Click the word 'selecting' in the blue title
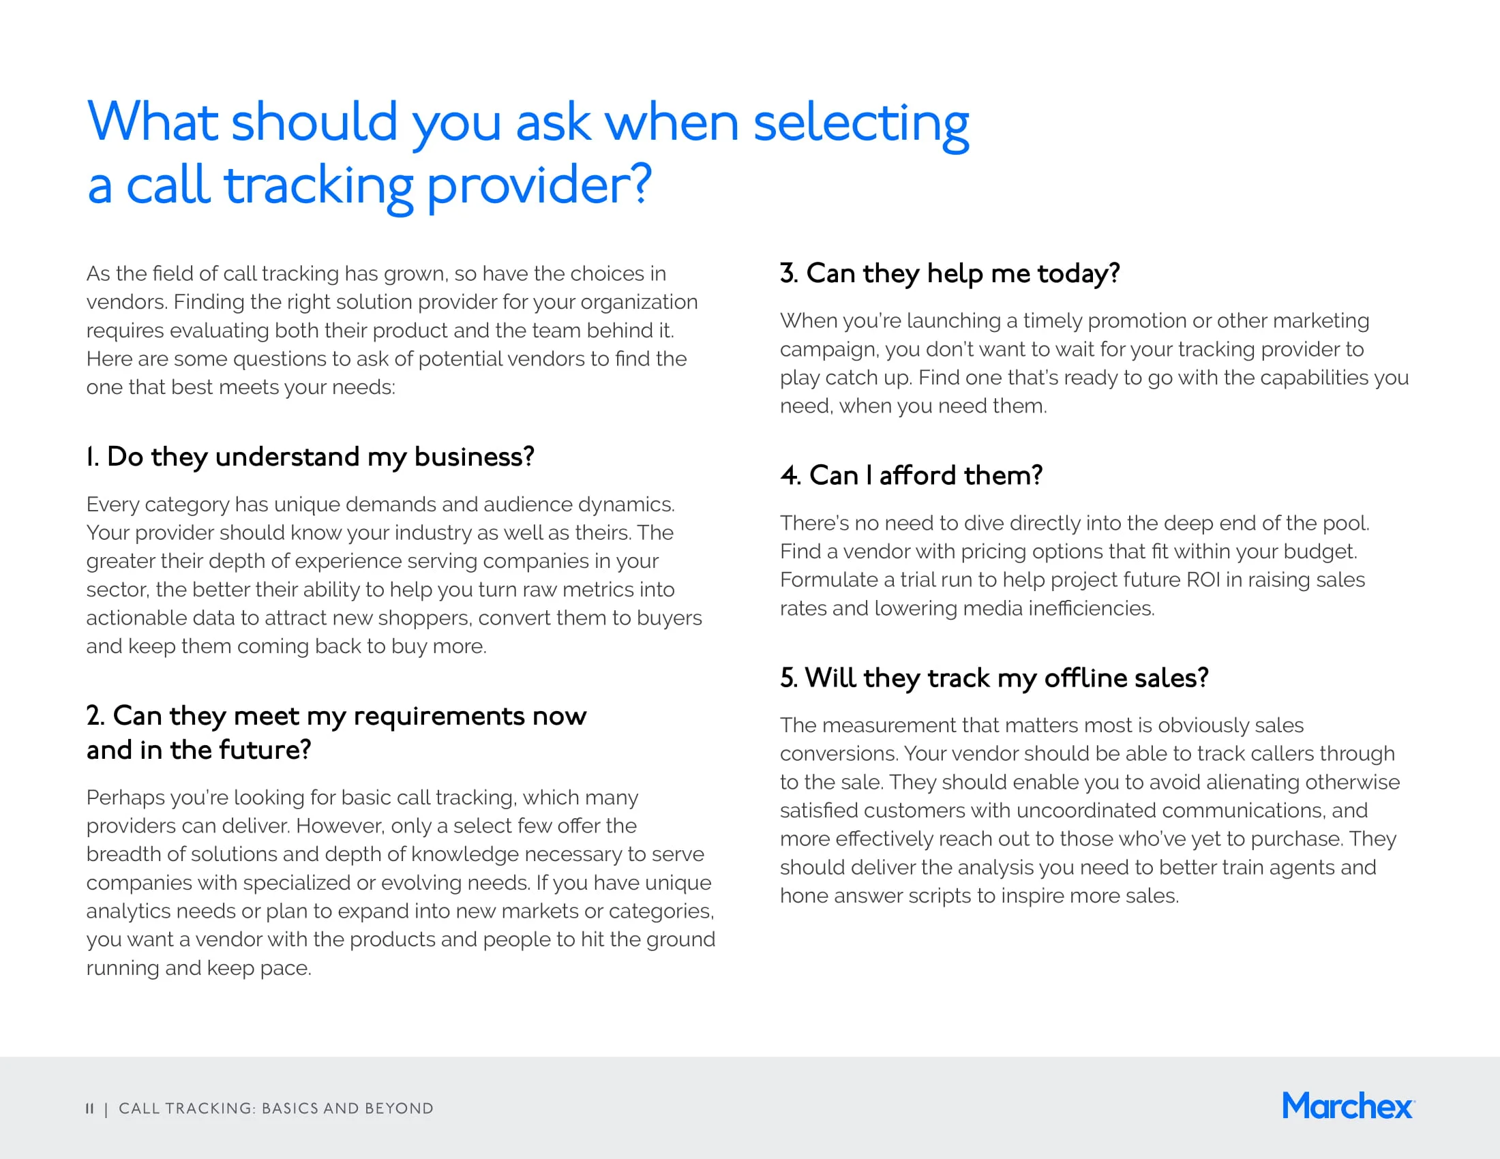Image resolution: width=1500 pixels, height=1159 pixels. tap(860, 123)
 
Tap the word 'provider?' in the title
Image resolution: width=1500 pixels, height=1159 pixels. tap(539, 185)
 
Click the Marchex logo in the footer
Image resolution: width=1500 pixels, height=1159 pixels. tap(1347, 1106)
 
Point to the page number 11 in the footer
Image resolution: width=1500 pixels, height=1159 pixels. tap(89, 1108)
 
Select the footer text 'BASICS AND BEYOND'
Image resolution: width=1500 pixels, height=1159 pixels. tap(348, 1108)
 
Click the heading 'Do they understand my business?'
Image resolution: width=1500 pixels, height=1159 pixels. tap(320, 457)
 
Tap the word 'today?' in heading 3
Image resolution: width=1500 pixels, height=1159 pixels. tap(1079, 274)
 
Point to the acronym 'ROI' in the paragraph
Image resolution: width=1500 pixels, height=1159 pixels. tap(1203, 579)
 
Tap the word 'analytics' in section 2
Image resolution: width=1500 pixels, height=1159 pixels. tap(128, 911)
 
